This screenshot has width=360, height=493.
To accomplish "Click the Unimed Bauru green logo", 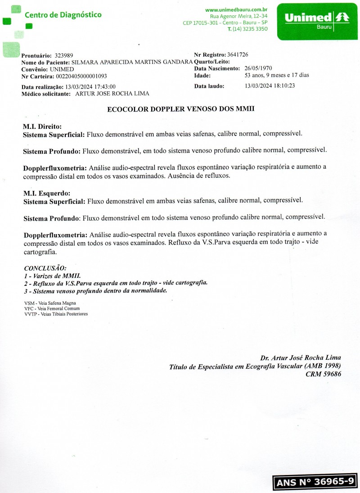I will [317, 21].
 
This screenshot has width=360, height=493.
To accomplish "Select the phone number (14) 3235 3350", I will [250, 29].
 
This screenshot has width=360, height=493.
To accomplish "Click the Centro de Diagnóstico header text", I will [63, 15].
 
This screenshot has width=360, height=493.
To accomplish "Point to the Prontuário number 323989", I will [64, 55].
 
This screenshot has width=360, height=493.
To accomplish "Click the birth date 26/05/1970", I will [258, 68].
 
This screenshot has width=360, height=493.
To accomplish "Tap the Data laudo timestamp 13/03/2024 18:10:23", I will [270, 86].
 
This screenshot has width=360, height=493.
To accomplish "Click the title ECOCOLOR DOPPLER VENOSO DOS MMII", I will [181, 109].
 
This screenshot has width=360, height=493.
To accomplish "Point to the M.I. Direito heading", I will [42, 127].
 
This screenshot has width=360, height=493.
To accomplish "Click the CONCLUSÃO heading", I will [45, 268].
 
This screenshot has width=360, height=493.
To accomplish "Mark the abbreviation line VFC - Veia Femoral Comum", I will [52, 308].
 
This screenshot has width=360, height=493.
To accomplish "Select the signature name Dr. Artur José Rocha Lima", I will [300, 358].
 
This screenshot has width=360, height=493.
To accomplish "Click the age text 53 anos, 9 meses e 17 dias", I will [276, 75].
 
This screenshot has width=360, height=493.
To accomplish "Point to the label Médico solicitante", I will [46, 94].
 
